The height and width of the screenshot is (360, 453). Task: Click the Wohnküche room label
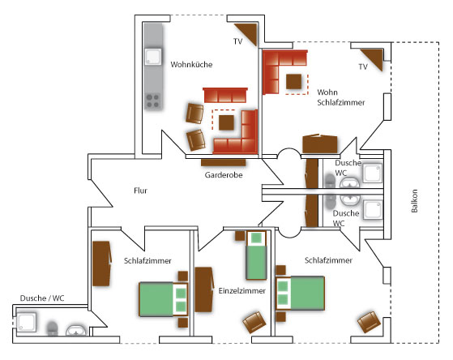click(191, 64)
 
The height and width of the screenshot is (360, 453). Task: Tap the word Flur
click(140, 191)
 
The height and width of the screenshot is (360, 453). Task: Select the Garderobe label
click(224, 175)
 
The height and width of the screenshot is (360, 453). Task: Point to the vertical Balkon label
click(414, 201)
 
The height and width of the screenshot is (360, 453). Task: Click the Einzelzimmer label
click(241, 290)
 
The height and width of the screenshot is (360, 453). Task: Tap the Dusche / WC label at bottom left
click(42, 298)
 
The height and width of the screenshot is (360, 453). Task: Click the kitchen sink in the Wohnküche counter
click(153, 57)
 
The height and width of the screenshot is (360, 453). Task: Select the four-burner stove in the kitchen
click(153, 101)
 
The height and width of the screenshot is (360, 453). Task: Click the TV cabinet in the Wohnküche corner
click(248, 32)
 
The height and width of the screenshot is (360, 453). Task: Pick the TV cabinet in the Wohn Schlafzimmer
click(374, 58)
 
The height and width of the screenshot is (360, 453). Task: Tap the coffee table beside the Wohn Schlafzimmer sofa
click(294, 82)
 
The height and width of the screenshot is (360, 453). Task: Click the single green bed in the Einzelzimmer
click(256, 255)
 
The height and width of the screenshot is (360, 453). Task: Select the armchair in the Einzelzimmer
click(254, 322)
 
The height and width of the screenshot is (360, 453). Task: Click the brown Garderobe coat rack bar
click(224, 162)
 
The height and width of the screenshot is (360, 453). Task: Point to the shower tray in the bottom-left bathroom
click(26, 322)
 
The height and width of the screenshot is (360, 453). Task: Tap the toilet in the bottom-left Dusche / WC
click(53, 328)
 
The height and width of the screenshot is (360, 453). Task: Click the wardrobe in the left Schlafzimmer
click(101, 264)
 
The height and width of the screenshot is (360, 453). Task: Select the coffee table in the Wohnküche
click(226, 122)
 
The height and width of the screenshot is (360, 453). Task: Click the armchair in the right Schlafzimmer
click(369, 322)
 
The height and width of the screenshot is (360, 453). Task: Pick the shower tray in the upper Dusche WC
click(373, 173)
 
